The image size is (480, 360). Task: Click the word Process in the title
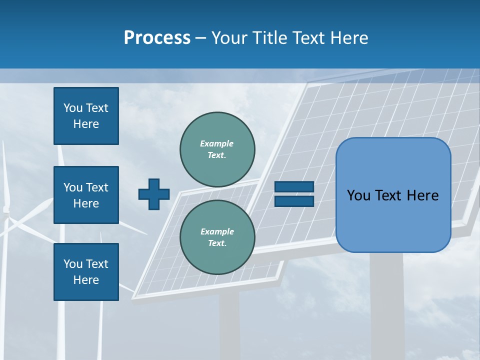pyautogui.click(x=157, y=37)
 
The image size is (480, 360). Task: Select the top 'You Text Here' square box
pyautogui.click(x=86, y=116)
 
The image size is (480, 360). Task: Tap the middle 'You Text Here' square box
pyautogui.click(x=86, y=195)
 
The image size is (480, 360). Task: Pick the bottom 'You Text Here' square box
pyautogui.click(x=86, y=272)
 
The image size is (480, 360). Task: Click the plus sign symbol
pyautogui.click(x=154, y=194)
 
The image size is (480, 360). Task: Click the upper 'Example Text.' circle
pyautogui.click(x=217, y=149)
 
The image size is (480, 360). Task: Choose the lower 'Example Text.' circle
pyautogui.click(x=217, y=237)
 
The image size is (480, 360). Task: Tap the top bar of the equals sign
pyautogui.click(x=294, y=186)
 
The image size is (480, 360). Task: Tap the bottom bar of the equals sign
pyautogui.click(x=294, y=201)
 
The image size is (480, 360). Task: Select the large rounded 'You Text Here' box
pyautogui.click(x=393, y=195)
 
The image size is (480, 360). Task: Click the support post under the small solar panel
pyautogui.click(x=228, y=325)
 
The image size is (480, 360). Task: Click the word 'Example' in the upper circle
pyautogui.click(x=217, y=143)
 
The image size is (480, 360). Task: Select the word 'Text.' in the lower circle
pyautogui.click(x=217, y=243)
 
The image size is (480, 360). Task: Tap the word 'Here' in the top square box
pyautogui.click(x=86, y=124)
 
